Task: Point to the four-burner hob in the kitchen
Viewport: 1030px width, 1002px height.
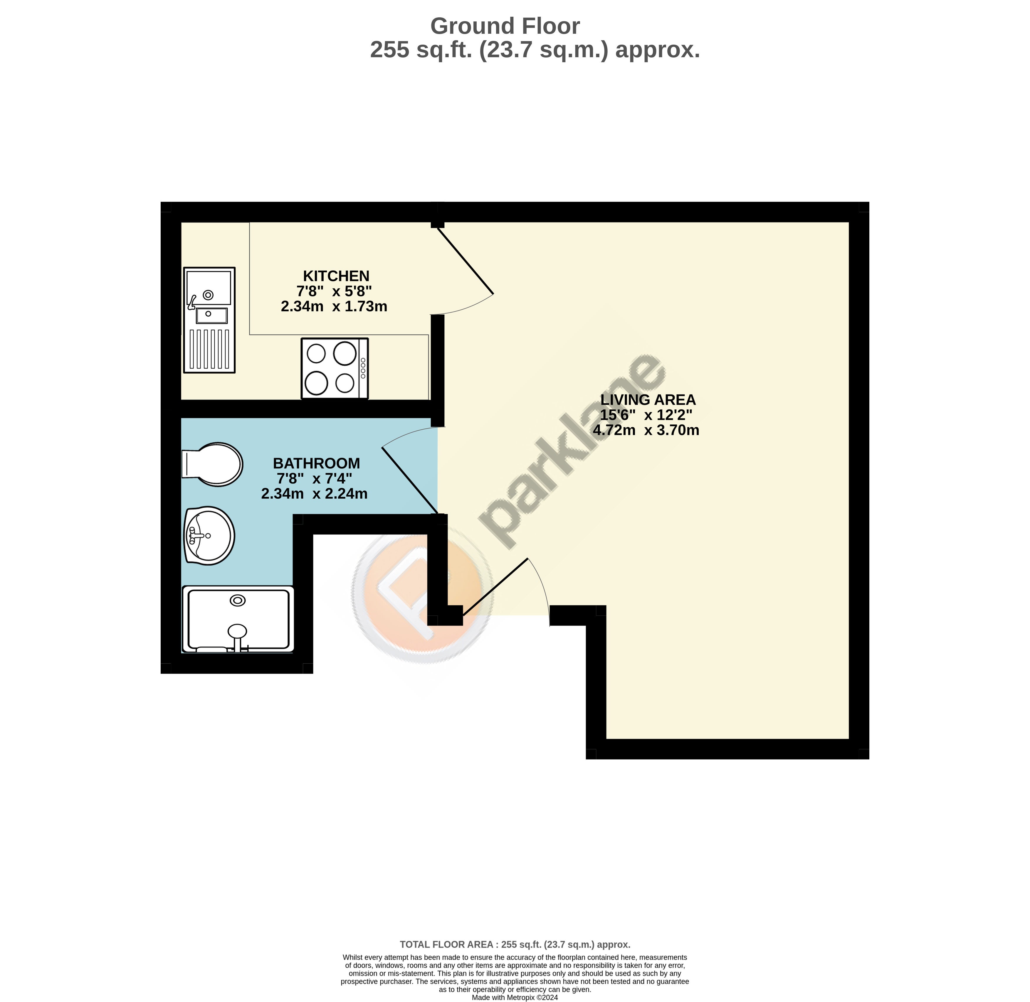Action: pyautogui.click(x=335, y=368)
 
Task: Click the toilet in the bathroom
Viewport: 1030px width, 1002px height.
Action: pyautogui.click(x=212, y=464)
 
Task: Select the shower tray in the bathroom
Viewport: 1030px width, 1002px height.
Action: pyautogui.click(x=238, y=619)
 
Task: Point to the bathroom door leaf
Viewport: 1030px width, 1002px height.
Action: pyautogui.click(x=409, y=480)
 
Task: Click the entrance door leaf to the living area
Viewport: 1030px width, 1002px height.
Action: pyautogui.click(x=495, y=587)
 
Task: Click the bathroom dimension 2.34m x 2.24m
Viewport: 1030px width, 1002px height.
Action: pyautogui.click(x=314, y=494)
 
